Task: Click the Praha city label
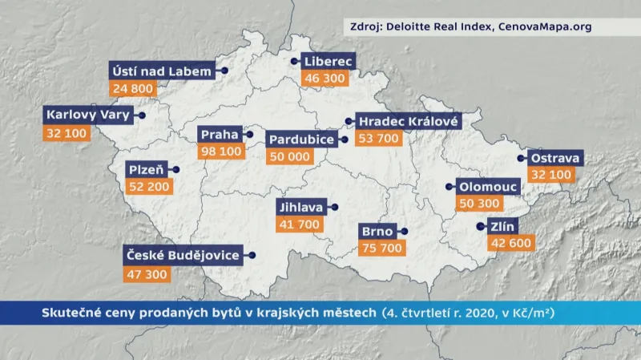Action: tap(220, 134)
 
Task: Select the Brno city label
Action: tap(377, 231)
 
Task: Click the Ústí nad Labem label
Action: tap(162, 71)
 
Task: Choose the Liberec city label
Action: tap(328, 61)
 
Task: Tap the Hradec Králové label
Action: tap(409, 122)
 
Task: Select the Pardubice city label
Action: tap(302, 140)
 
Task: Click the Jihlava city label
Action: tap(300, 207)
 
